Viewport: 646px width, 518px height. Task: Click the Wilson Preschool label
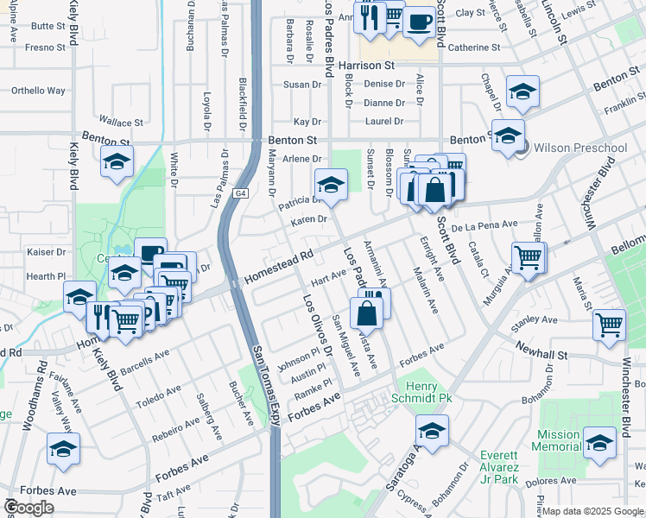click(x=580, y=148)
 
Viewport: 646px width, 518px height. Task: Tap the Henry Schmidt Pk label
click(x=424, y=392)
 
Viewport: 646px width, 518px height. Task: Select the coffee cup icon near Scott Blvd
click(x=420, y=21)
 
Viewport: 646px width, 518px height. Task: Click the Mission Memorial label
click(x=558, y=440)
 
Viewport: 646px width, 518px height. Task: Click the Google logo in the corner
click(x=28, y=507)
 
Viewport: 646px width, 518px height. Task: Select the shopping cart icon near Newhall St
click(x=609, y=325)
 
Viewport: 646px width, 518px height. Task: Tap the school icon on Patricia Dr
click(x=330, y=183)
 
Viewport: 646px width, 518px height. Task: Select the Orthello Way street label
click(x=38, y=90)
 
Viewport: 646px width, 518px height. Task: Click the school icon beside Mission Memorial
click(x=599, y=440)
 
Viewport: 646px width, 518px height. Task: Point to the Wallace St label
click(x=120, y=123)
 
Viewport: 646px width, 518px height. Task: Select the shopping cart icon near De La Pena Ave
click(x=528, y=256)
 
